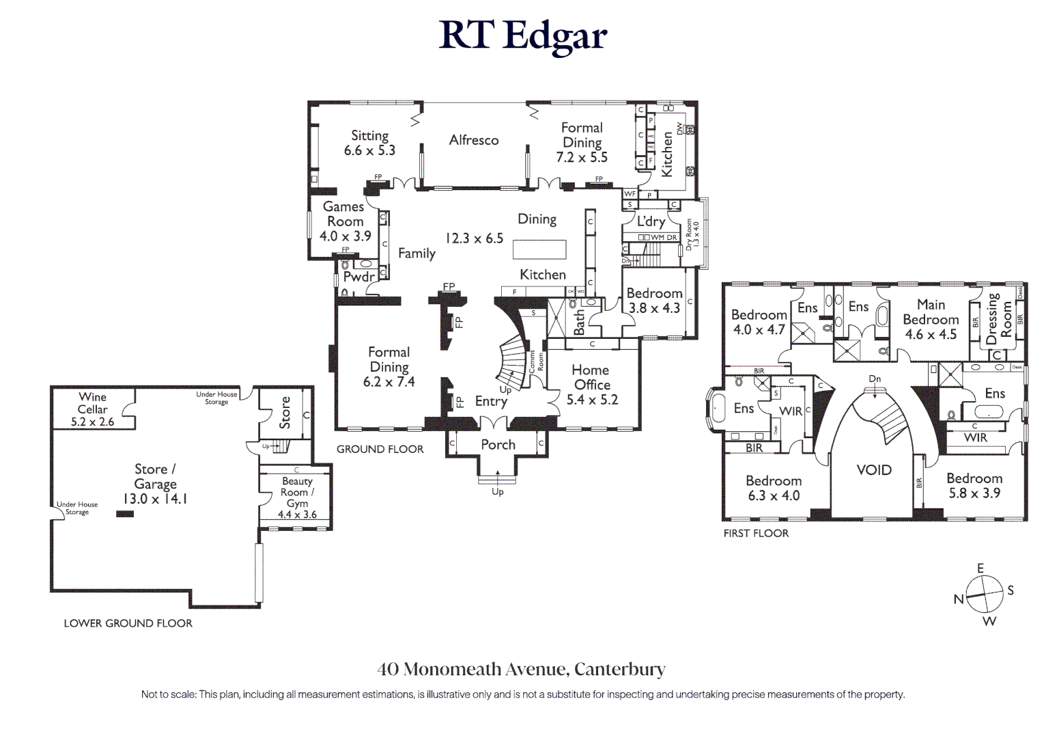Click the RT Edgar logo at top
(x=522, y=36)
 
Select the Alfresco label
(x=474, y=140)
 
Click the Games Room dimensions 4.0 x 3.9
(x=345, y=236)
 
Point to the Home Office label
(x=591, y=377)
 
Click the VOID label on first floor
(x=874, y=470)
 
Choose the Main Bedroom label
(x=931, y=312)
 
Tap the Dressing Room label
(x=998, y=320)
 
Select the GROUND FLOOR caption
(x=380, y=449)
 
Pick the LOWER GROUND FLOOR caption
(x=128, y=623)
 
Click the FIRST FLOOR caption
(x=756, y=533)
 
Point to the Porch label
(x=498, y=445)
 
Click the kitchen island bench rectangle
(x=539, y=249)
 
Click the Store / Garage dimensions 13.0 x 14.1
(x=155, y=499)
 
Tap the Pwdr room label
(x=358, y=277)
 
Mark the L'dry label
(x=651, y=221)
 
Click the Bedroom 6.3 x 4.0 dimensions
(x=773, y=496)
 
